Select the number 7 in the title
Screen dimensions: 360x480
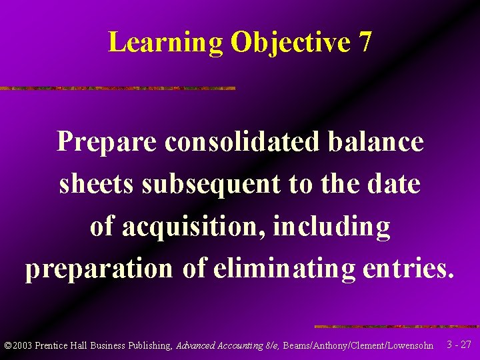coord(365,43)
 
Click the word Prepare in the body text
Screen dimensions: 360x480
coord(107,142)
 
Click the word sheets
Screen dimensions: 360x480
coord(97,183)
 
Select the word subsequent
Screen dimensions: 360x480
coord(211,185)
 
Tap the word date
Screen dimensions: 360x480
coord(396,183)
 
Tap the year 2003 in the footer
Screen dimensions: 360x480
coord(23,345)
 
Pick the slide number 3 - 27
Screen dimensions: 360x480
coord(459,345)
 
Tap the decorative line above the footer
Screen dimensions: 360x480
coord(396,327)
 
